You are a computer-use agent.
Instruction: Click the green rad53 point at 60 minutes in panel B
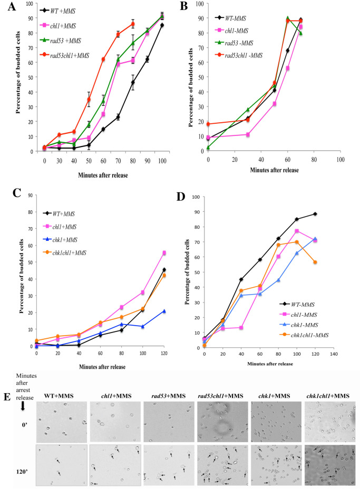tap(302, 18)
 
